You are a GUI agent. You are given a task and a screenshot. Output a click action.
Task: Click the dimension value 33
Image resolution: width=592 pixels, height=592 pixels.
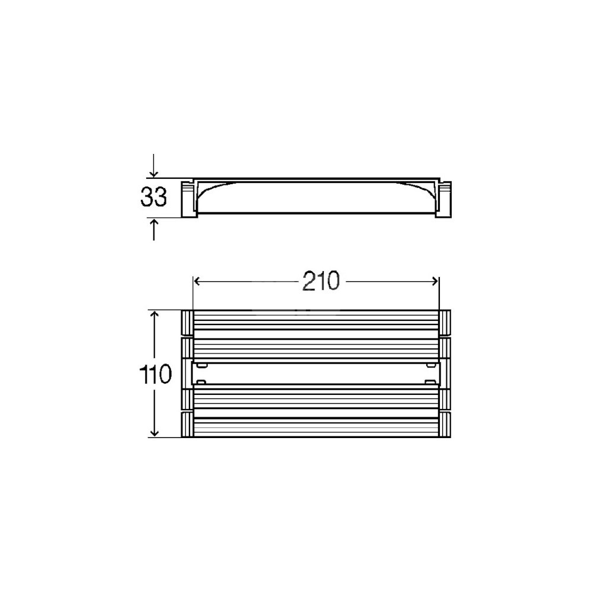pos(154,197)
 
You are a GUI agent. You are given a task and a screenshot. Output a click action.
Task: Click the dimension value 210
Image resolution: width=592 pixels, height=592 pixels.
pos(321,281)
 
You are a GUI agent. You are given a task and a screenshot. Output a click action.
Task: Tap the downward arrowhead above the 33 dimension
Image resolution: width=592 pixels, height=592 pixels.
pos(154,173)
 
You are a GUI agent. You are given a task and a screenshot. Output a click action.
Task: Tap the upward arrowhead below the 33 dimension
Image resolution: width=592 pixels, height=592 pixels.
pos(154,223)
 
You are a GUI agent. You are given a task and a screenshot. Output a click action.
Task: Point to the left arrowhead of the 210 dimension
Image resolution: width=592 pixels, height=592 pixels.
pos(198,281)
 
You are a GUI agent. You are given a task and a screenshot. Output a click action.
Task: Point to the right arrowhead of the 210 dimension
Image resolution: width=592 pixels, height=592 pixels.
pos(435,281)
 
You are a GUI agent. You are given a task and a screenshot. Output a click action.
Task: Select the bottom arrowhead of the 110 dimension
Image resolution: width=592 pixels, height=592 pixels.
pos(154,432)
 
